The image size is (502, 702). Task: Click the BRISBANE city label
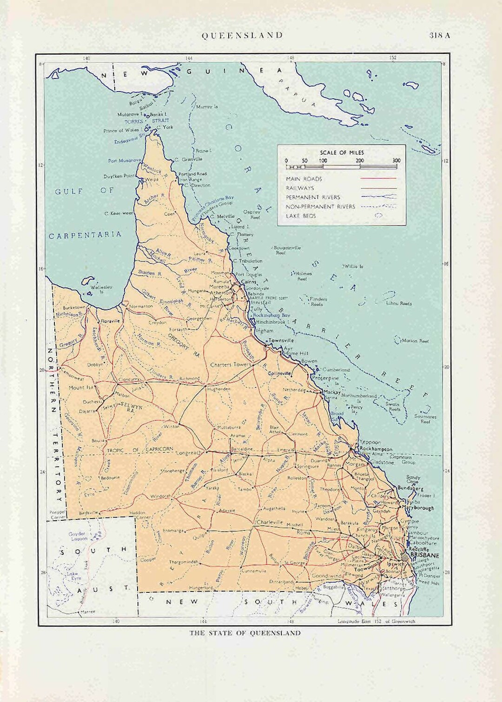click(425, 555)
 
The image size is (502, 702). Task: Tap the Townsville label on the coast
click(281, 341)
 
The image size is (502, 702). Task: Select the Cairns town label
click(249, 282)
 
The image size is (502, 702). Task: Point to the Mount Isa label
click(81, 387)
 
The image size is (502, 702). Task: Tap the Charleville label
click(270, 522)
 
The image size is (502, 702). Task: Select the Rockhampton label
click(376, 449)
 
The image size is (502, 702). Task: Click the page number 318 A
click(440, 35)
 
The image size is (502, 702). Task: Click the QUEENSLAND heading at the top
click(242, 35)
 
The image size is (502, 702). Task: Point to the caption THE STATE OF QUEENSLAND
click(245, 633)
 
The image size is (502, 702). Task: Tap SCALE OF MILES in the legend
click(342, 152)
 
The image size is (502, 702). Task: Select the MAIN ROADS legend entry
click(304, 179)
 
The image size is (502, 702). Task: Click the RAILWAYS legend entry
click(300, 188)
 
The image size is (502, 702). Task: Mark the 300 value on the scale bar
click(396, 161)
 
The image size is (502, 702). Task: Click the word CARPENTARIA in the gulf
click(85, 235)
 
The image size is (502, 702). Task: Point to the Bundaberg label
click(410, 489)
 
